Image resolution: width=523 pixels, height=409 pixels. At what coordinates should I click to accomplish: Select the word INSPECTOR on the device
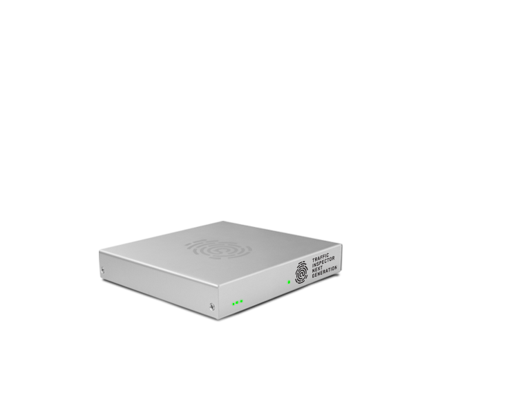point(323,262)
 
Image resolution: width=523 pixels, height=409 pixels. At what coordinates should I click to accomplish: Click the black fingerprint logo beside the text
point(301,272)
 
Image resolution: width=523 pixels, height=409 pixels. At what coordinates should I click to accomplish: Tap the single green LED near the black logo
point(288,282)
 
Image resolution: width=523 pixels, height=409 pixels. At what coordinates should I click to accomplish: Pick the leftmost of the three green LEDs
point(234,303)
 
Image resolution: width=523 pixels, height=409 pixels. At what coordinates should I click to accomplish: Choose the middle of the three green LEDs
point(237,302)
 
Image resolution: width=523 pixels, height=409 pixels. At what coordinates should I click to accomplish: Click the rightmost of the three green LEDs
point(241,302)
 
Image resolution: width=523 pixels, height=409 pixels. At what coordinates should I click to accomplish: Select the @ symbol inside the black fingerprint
point(301,274)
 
